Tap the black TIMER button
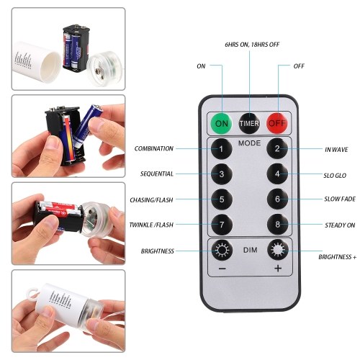pos(249,123)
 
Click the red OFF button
pos(277,123)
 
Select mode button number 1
pos(222,149)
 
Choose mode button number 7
pos(222,225)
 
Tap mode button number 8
pos(278,225)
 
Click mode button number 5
pos(222,199)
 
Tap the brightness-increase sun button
pos(278,250)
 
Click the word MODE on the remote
pos(249,143)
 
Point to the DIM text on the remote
pos(250,250)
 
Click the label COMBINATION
pos(154,149)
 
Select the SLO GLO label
pos(335,176)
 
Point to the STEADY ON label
pos(340,225)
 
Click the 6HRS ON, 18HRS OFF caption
pos(252,45)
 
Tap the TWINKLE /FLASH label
pos(151,225)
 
